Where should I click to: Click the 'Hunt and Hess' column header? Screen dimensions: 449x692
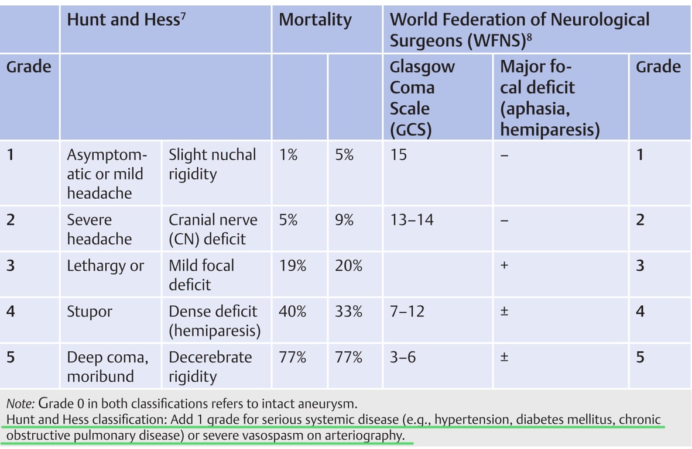[123, 20]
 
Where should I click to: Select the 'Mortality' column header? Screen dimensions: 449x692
[315, 20]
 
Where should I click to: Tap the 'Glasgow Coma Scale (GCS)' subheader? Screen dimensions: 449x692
[422, 98]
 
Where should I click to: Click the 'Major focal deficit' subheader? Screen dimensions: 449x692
[550, 98]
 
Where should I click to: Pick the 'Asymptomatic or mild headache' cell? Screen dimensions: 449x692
[105, 174]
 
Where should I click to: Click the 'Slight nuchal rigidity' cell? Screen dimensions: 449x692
[212, 164]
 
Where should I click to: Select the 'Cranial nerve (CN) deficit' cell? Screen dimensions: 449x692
[213, 229]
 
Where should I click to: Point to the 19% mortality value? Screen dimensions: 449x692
[292, 266]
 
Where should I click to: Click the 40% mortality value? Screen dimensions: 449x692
[292, 312]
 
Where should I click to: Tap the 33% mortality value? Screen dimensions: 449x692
[348, 312]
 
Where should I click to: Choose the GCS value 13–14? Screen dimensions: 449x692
[412, 220]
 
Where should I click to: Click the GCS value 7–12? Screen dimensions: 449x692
[407, 312]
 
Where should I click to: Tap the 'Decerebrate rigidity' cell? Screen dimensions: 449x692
[210, 367]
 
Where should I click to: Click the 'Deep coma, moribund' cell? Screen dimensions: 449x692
[107, 367]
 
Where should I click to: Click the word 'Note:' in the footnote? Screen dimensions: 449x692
[20, 403]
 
